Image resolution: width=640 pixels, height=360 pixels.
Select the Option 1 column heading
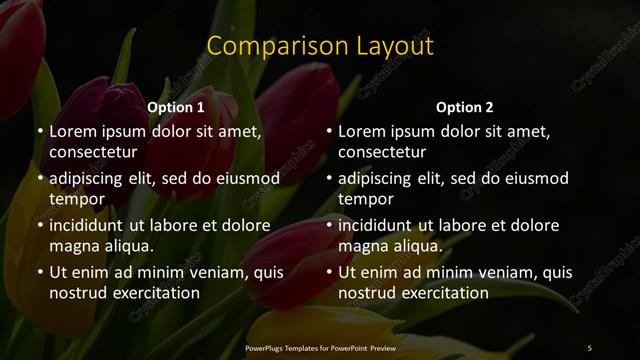click(176, 106)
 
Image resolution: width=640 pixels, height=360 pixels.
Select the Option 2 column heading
click(465, 106)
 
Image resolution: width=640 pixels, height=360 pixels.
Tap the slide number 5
click(590, 347)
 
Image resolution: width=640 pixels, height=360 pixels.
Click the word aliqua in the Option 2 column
click(419, 246)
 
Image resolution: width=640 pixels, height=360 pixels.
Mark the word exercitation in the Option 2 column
click(441, 293)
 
